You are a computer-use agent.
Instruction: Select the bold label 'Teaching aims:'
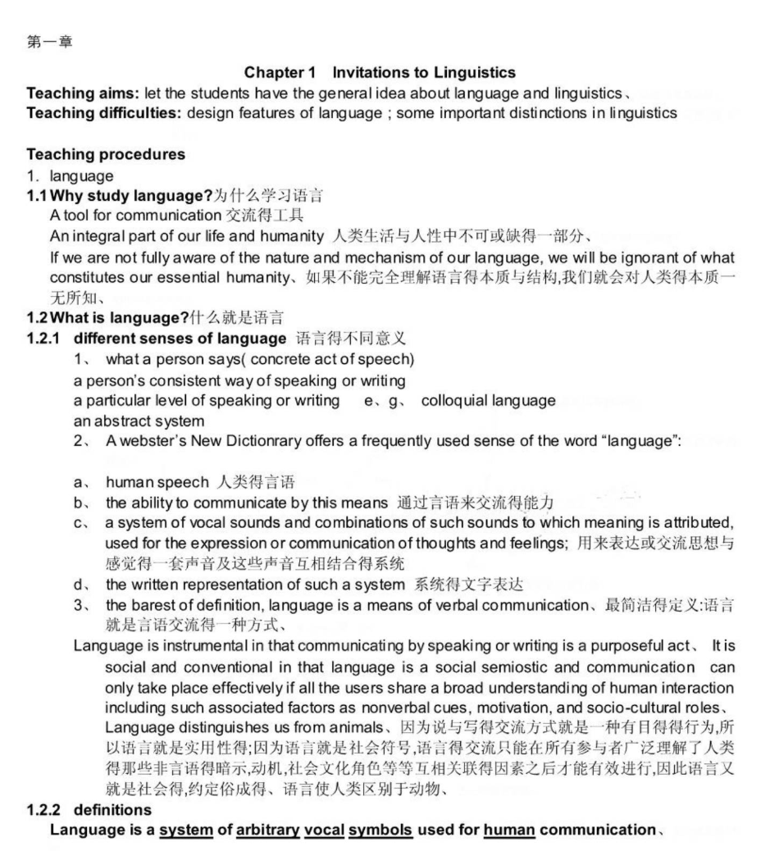click(70, 93)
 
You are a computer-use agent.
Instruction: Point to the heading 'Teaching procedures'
click(106, 154)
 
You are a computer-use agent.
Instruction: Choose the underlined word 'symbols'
click(380, 830)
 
